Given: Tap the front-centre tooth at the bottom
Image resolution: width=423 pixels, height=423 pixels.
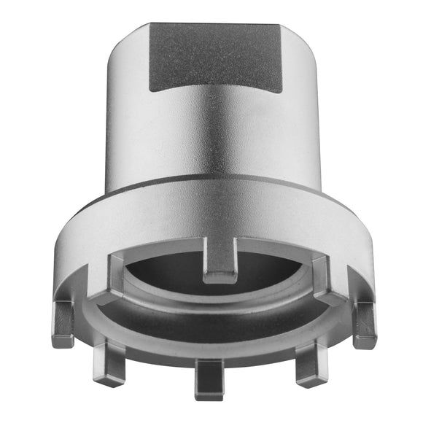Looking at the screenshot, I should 210,376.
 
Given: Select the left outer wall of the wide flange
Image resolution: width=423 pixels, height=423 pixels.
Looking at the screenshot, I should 80,241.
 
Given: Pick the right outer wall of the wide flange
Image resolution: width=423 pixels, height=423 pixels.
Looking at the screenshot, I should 350,241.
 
